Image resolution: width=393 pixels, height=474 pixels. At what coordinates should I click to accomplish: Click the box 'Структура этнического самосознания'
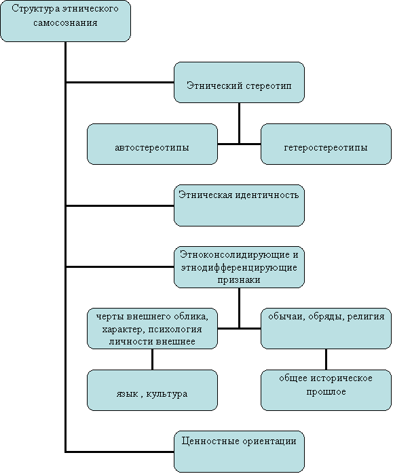(65, 21)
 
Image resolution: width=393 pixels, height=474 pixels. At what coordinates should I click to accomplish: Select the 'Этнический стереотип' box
(239, 83)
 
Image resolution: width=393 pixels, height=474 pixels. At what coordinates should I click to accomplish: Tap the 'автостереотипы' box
(152, 144)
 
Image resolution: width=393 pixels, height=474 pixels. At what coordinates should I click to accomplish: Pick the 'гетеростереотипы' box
(326, 144)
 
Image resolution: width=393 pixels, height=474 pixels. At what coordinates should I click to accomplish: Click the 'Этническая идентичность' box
(239, 205)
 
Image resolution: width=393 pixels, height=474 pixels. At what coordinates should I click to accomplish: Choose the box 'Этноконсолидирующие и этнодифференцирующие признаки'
(239, 267)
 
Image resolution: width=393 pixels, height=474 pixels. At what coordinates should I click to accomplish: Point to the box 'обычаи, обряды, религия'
(326, 329)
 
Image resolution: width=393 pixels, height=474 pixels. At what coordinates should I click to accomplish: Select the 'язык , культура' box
(152, 391)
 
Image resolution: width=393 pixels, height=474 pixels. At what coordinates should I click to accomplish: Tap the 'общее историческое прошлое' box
(326, 391)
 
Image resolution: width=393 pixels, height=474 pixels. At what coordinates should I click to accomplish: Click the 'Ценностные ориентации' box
(239, 452)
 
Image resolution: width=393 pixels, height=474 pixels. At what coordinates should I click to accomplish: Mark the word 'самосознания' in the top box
(65, 23)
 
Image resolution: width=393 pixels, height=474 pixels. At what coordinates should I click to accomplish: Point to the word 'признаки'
(239, 280)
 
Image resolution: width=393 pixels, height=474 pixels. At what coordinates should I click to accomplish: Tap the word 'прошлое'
(326, 392)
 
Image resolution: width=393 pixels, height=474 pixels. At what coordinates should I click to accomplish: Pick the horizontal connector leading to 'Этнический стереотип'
(120, 82)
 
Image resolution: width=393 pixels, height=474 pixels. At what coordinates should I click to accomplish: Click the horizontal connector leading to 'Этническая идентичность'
(120, 206)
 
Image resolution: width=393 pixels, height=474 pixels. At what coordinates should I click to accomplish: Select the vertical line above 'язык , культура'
(152, 359)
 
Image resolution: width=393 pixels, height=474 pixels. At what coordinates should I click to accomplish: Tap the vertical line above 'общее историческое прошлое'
(326, 359)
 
